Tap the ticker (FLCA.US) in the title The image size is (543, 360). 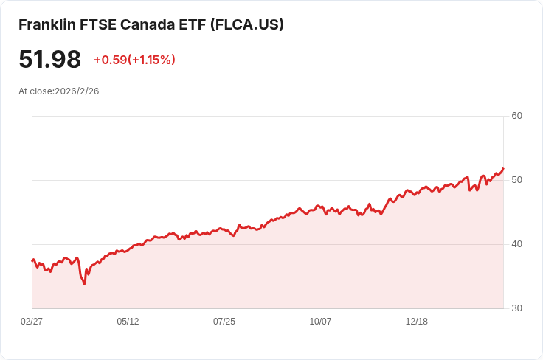coord(247,24)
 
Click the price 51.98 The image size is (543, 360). coord(49,60)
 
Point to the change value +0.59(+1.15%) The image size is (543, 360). coord(134,60)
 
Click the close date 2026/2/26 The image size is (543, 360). coord(77,91)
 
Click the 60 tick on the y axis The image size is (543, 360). coord(516,116)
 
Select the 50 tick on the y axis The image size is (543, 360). coord(516,180)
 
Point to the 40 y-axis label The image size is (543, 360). coord(516,244)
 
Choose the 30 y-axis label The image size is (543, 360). coord(516,308)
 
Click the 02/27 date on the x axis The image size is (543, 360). coord(32,322)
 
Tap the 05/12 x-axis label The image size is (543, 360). coord(128,322)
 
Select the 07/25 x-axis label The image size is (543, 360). coord(224,322)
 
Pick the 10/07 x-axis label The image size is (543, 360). coord(320,322)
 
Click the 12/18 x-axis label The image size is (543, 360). coord(417,322)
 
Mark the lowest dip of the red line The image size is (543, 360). coord(84,284)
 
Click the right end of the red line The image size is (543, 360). coord(503,168)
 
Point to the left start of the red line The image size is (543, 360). coord(32,260)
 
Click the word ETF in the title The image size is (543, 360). coord(192,24)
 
